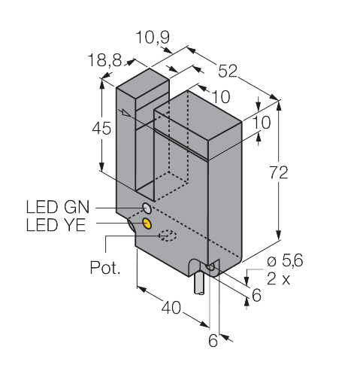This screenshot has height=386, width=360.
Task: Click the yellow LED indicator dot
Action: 147,223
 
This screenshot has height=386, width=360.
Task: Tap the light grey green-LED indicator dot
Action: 147,208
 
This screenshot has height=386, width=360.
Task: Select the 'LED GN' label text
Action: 58,207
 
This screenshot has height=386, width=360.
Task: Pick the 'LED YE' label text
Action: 56,224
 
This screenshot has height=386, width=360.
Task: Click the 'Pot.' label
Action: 105,268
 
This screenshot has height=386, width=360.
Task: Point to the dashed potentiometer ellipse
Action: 168,236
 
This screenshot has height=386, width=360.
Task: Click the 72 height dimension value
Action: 279,172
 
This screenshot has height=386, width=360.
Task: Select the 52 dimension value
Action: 228,71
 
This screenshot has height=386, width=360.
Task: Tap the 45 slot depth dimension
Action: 101,129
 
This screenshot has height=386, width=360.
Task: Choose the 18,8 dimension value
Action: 104,60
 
